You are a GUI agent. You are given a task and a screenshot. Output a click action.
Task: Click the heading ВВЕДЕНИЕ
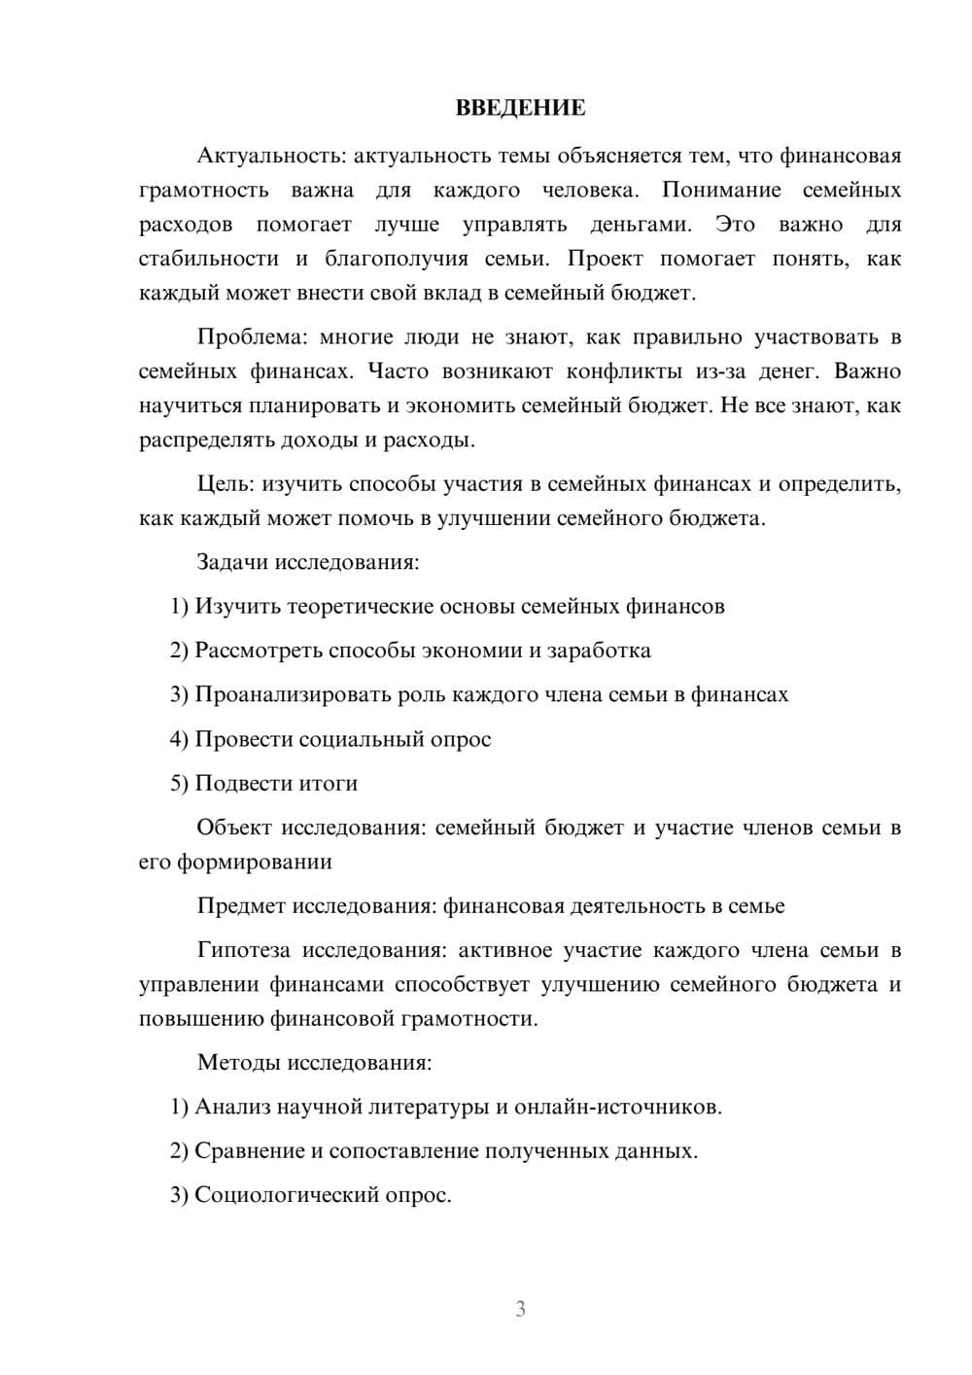coord(520,109)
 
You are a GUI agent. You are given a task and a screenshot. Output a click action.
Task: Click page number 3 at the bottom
coord(520,1309)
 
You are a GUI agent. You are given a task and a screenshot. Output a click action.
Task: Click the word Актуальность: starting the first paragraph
coord(271,156)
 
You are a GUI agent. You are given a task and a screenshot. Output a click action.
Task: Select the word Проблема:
coord(252,337)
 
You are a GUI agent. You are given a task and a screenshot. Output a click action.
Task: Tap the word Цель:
coord(226,484)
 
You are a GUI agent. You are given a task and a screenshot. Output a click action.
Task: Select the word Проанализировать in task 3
coord(294,695)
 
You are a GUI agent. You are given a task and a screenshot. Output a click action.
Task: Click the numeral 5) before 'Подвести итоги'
coord(179,784)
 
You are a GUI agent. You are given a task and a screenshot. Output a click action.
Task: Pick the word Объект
coord(233,828)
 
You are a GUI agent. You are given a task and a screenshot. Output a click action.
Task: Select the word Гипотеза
coord(244,950)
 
